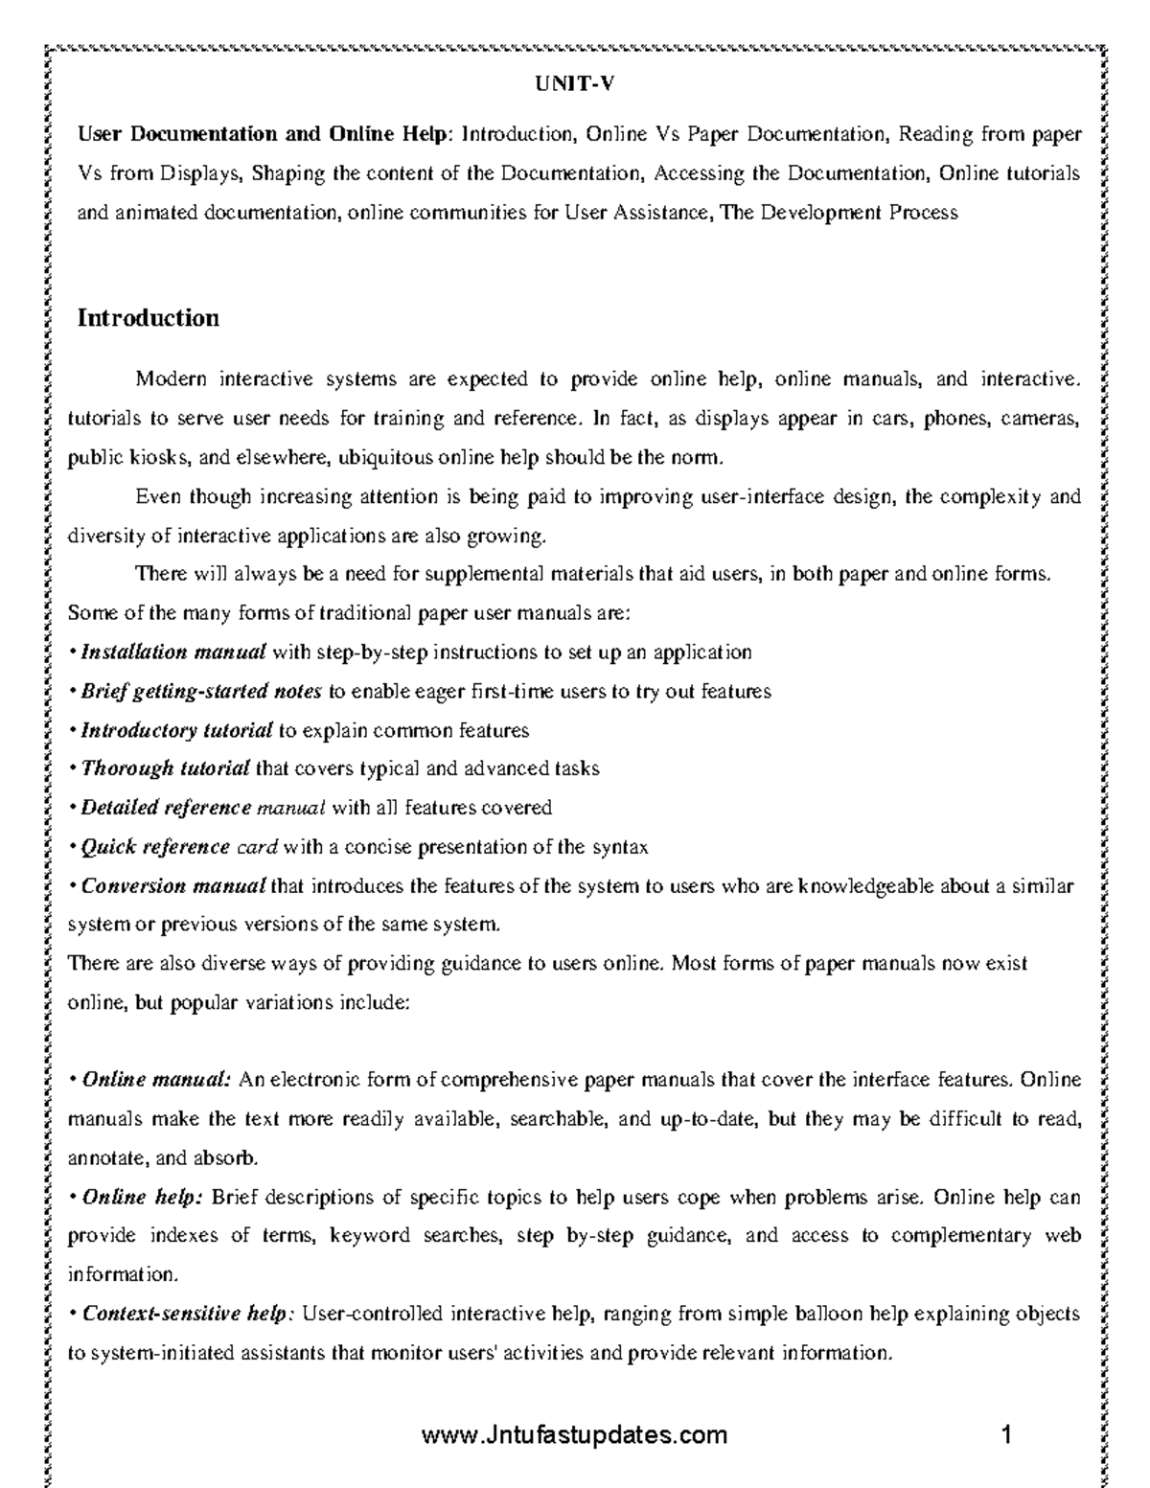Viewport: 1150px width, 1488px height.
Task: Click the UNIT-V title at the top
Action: tap(574, 84)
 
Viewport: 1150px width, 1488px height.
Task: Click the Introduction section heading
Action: tap(148, 318)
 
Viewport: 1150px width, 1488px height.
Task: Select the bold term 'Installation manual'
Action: tap(173, 652)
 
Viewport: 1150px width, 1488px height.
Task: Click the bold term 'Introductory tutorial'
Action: tap(177, 731)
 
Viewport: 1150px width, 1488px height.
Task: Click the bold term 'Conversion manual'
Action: tap(172, 885)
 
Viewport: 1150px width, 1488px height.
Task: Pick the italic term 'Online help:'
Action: tap(143, 1198)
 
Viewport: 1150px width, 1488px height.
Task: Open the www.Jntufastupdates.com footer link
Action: tap(574, 1434)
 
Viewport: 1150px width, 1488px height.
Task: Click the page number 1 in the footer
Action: tap(1006, 1434)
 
